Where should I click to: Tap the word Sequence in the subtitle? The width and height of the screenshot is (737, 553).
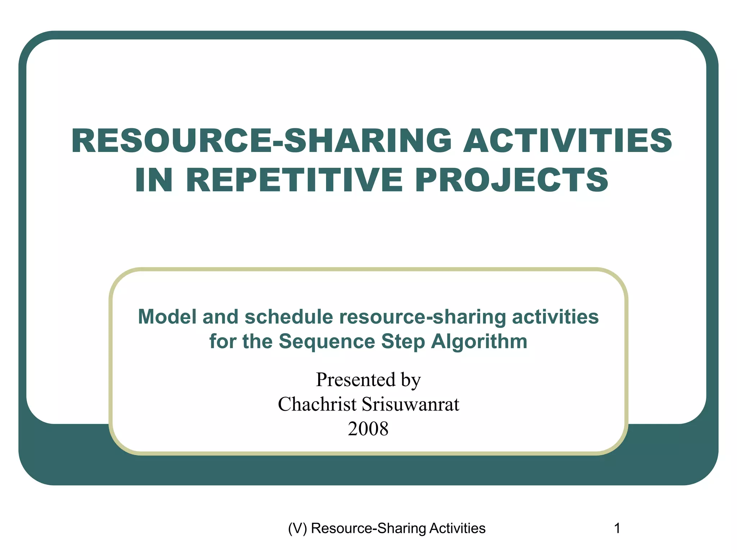pyautogui.click(x=327, y=341)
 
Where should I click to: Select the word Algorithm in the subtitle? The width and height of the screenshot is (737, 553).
pyautogui.click(x=479, y=341)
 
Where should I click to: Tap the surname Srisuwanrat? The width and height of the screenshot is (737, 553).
pyautogui.click(x=410, y=404)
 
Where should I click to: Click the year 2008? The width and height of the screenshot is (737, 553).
pyautogui.click(x=368, y=429)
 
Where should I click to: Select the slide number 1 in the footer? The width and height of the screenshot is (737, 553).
pyautogui.click(x=617, y=528)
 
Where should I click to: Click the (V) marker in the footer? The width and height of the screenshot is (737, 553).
pyautogui.click(x=297, y=528)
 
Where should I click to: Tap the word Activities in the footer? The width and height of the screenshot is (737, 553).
pyautogui.click(x=457, y=528)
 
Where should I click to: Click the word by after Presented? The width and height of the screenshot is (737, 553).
pyautogui.click(x=411, y=379)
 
